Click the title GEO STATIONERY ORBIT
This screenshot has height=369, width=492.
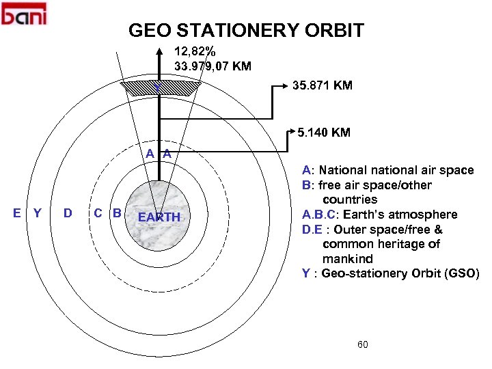tap(246, 31)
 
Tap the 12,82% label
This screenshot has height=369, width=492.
tap(195, 51)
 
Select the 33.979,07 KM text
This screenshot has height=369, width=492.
tap(213, 66)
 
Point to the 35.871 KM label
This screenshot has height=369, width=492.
tap(322, 85)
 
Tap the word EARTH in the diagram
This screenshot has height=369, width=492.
tap(159, 217)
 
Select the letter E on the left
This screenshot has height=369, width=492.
tap(16, 213)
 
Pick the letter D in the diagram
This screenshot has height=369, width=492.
tap(68, 213)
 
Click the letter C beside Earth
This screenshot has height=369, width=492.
tap(98, 213)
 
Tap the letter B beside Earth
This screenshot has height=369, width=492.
tap(117, 213)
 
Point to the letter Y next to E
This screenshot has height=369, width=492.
tap(38, 213)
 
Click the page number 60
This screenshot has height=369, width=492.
tap(362, 344)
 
